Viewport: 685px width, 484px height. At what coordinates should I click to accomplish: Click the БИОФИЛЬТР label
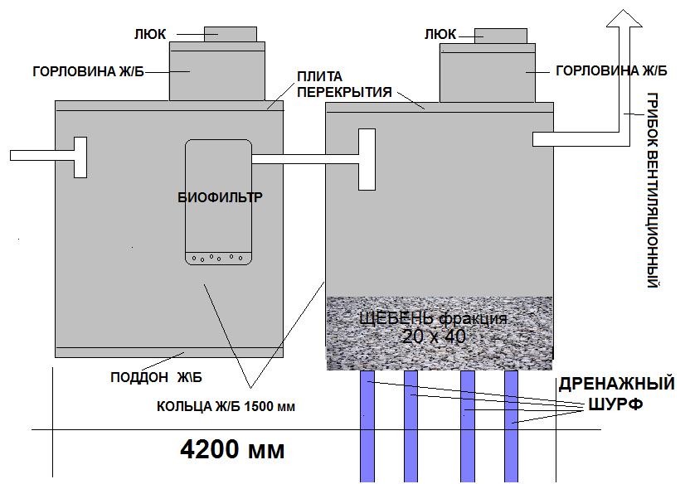(221, 197)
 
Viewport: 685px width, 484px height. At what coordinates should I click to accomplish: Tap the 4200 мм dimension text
(232, 449)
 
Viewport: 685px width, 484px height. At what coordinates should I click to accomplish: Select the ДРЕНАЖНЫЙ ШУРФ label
(616, 394)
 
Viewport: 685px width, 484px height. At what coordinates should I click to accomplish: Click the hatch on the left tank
(231, 34)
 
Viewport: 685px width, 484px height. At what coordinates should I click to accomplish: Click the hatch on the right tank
(501, 36)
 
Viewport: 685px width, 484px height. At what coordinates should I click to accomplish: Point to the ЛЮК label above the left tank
(150, 35)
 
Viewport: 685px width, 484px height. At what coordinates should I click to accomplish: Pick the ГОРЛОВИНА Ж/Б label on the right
(611, 70)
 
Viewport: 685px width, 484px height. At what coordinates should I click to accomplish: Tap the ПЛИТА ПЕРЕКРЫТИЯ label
(344, 85)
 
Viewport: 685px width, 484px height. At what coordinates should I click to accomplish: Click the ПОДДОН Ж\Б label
(157, 377)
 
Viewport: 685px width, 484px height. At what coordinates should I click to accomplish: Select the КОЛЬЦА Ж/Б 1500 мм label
(226, 407)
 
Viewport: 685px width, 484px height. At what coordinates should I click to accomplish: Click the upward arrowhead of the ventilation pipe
(624, 20)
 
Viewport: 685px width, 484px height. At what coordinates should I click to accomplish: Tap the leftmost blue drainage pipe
(367, 426)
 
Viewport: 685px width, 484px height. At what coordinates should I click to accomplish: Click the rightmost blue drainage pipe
(511, 426)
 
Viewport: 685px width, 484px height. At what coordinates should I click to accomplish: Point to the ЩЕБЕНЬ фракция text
(434, 318)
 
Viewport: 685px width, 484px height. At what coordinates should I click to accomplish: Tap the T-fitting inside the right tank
(367, 159)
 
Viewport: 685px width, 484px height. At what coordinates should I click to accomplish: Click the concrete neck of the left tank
(217, 71)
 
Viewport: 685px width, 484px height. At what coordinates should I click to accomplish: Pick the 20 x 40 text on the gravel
(434, 336)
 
